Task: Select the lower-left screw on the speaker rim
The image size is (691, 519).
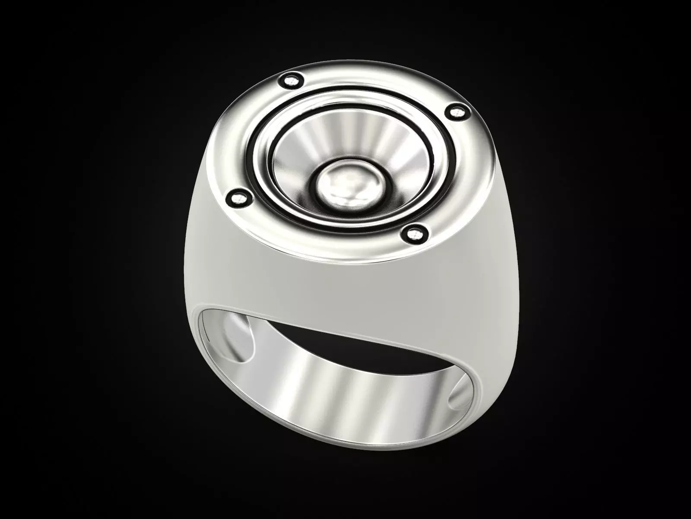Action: (x=237, y=199)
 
